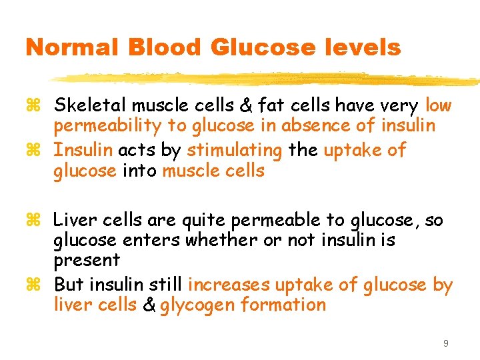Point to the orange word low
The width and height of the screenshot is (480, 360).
[x=438, y=105]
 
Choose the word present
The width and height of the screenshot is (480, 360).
[x=87, y=260]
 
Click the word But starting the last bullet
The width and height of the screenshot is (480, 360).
[x=69, y=285]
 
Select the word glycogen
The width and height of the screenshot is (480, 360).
[x=197, y=305]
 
